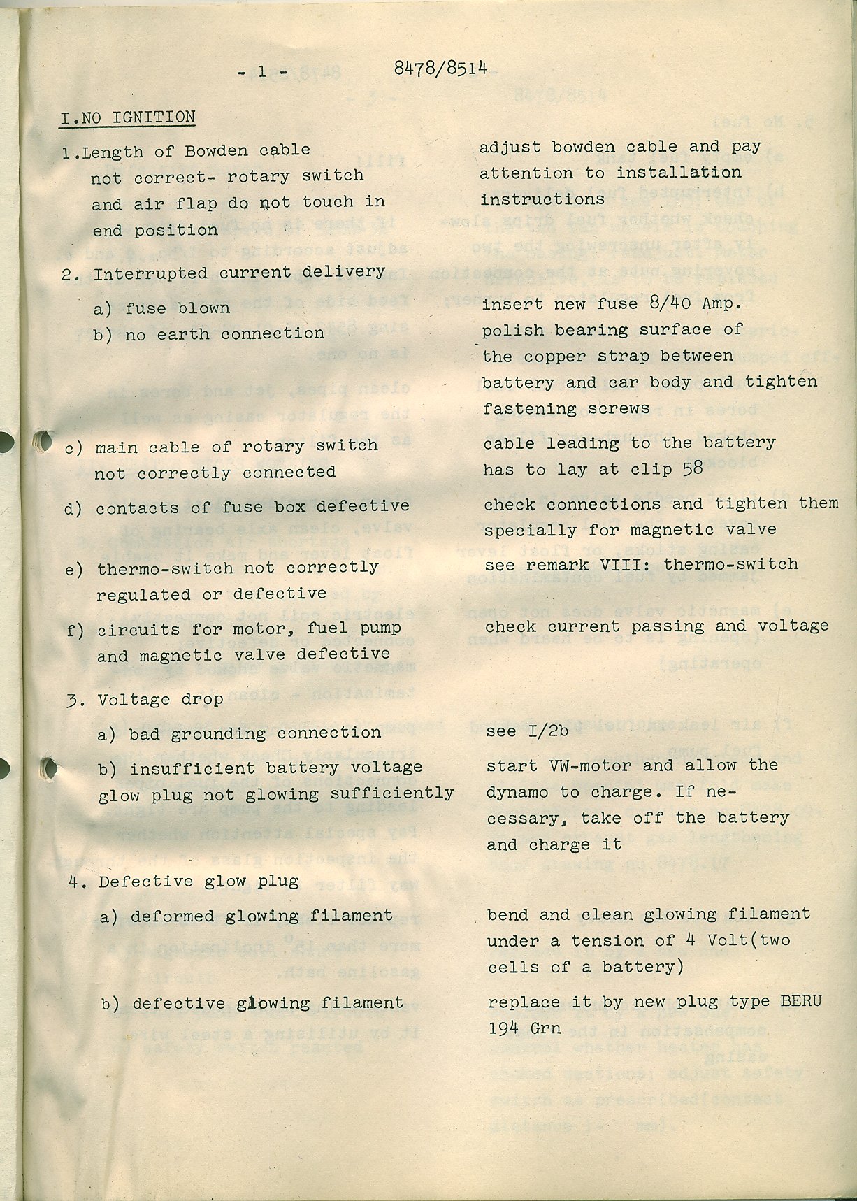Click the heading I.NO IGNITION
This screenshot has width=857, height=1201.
click(x=127, y=117)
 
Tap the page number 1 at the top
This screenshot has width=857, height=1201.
click(x=262, y=70)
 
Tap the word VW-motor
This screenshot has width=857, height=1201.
click(x=581, y=765)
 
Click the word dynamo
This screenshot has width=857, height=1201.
click(x=521, y=792)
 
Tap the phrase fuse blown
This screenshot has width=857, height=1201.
click(x=178, y=308)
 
